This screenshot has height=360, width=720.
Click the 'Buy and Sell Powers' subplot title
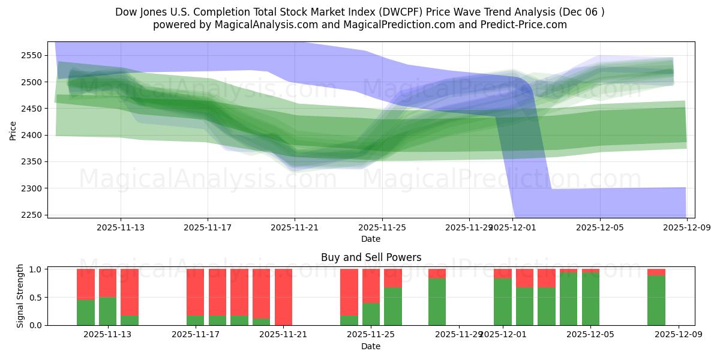click(x=371, y=257)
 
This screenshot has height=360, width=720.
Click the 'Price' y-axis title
click(x=13, y=130)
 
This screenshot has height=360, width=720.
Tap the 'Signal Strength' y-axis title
click(x=20, y=296)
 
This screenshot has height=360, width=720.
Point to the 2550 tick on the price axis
click(x=31, y=55)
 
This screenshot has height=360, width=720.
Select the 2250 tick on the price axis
click(x=31, y=215)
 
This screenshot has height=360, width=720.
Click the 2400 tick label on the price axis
click(x=31, y=135)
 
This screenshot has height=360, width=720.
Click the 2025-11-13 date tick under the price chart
click(x=121, y=228)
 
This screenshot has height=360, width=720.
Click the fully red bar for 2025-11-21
click(x=283, y=297)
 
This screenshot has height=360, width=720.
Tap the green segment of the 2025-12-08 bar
click(x=656, y=300)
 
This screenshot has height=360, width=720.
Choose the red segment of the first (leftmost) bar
click(x=86, y=284)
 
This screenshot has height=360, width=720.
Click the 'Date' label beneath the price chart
click(x=371, y=239)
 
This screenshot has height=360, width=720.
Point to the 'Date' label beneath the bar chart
click(x=371, y=346)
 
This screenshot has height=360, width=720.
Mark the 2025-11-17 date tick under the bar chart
click(x=196, y=335)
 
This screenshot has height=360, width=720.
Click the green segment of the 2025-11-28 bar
click(x=437, y=301)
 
